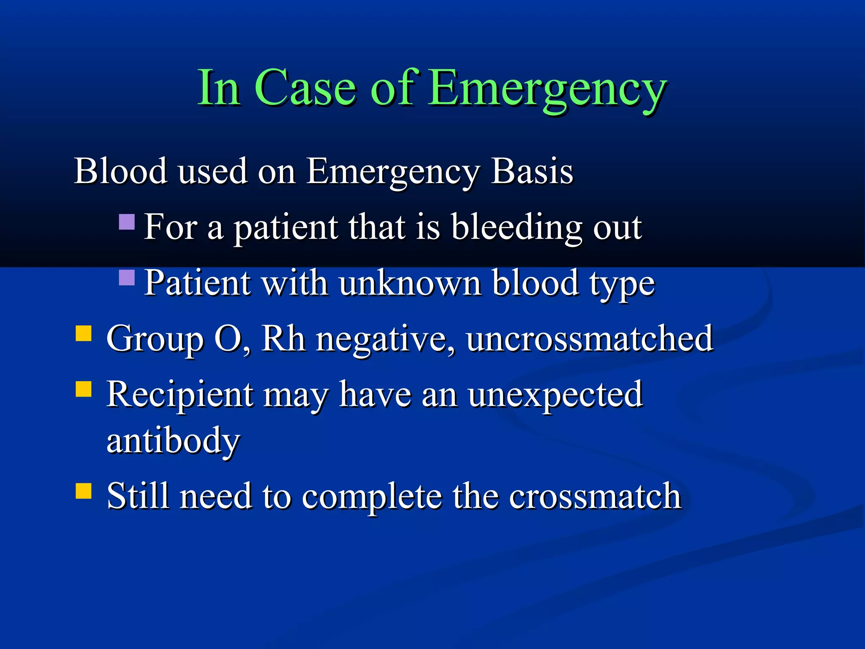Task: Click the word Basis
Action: coord(531,171)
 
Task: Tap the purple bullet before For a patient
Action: coord(127,221)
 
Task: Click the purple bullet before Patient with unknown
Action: coord(127,278)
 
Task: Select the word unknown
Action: coord(409,283)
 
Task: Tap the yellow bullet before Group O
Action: coord(84,333)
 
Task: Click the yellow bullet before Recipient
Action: coord(84,389)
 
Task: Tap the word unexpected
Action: coord(555,395)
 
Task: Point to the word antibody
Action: coord(173,441)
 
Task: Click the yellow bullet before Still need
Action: coord(84,491)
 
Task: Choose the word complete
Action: coord(372,496)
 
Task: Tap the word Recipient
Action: coord(180,395)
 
